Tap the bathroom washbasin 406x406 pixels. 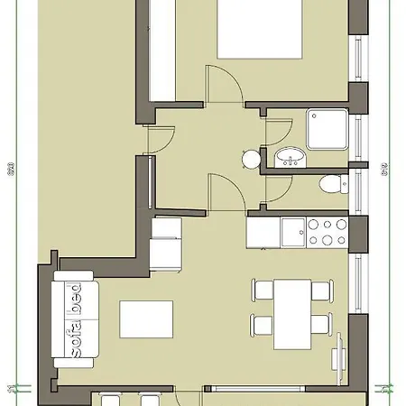point(290,159)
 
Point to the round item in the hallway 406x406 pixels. point(250,160)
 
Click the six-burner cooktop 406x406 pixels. point(327,231)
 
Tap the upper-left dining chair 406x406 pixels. point(263,290)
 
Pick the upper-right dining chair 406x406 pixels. point(320,290)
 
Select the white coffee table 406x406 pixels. point(146,318)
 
